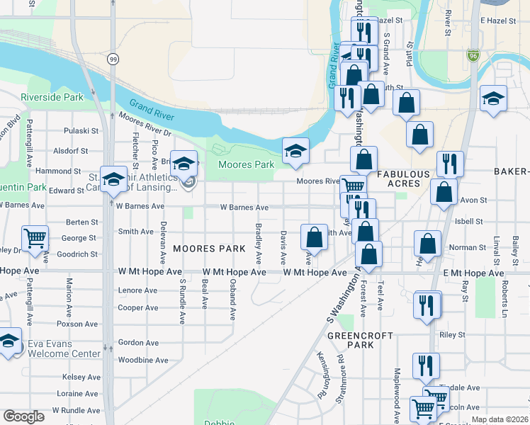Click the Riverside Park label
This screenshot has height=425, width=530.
coord(52,97)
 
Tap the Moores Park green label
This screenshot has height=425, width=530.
coord(246,165)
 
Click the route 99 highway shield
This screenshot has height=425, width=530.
coord(113,61)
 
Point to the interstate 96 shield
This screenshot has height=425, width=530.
coord(473,55)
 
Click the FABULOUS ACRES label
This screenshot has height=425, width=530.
coord(403,179)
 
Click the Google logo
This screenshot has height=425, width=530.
coord(23,416)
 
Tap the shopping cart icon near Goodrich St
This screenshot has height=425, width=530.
coord(35,239)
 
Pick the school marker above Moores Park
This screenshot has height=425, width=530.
coord(295,150)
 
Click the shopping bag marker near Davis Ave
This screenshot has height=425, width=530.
coord(314,236)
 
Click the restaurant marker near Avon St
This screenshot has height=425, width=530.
coord(450,164)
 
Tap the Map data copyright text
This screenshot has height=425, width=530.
coord(499,419)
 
